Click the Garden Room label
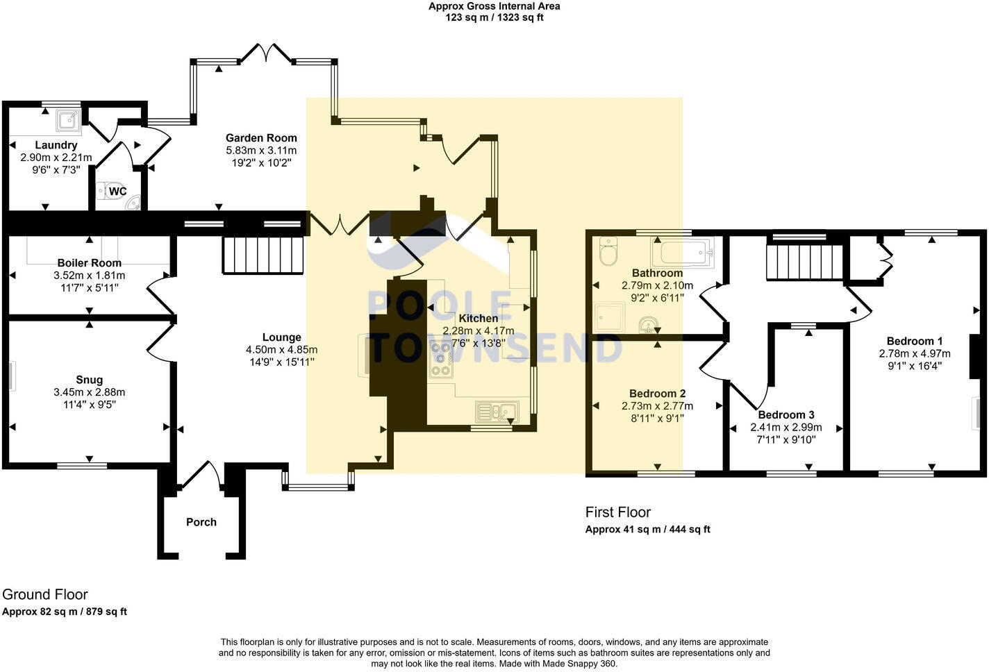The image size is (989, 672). pos(261,138)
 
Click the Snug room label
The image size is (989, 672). pos(89,380)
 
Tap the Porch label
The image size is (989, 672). pos(201,522)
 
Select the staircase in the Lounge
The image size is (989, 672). pos(264,255)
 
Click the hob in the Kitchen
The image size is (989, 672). pos(440,359)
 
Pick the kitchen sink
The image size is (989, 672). pos(496,411)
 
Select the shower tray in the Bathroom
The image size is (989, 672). pos(609,317)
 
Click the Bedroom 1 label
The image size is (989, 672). pos(914,341)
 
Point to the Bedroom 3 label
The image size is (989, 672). pos(786,415)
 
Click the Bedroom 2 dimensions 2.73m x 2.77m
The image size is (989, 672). pos(657,406)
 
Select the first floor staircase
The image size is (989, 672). pos(804,262)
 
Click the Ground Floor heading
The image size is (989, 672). pos(45,594)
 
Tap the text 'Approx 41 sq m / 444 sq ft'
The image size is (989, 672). pos(647,529)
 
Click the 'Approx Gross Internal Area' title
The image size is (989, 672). pos(494,6)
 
